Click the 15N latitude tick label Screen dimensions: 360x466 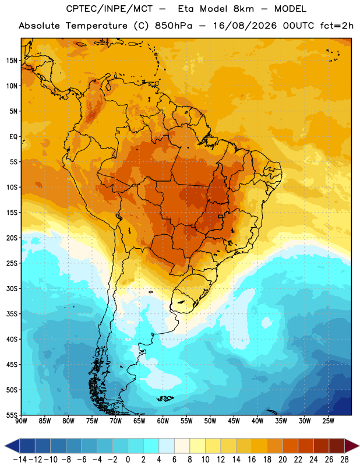tap(12, 61)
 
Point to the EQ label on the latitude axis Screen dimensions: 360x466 tap(13, 137)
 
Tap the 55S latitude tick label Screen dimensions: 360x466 tap(12, 415)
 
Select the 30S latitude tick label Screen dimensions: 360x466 tap(12, 288)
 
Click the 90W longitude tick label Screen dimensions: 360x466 tap(21, 421)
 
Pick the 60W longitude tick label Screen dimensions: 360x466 tap(163, 421)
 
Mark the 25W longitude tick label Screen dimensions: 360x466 tap(328, 421)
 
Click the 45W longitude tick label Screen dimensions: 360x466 tap(234, 421)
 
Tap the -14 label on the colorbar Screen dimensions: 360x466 tap(20, 460)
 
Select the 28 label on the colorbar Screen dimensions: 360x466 tap(344, 460)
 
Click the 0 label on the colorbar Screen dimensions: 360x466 tap(128, 460)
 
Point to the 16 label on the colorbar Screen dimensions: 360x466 tap(252, 460)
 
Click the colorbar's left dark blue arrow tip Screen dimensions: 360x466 tap(5, 446)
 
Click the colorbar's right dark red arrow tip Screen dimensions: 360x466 tap(359, 446)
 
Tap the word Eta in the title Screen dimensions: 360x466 tap(186, 9)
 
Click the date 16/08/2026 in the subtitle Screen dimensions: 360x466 tap(245, 26)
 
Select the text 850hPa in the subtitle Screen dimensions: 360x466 tap(174, 26)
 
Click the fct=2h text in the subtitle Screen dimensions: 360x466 tap(337, 26)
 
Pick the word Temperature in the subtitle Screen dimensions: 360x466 tap(97, 26)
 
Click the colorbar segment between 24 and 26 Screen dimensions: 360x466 tap(322, 446)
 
